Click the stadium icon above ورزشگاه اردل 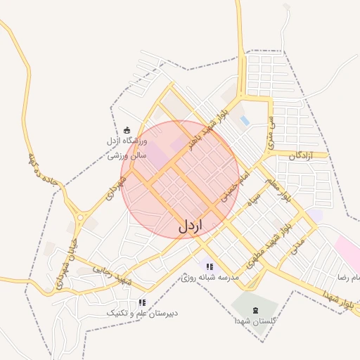tap(127, 129)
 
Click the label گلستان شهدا tap(256, 320)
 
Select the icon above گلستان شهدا tap(255, 309)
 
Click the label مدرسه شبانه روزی tap(210, 278)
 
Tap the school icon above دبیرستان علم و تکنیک tap(142, 302)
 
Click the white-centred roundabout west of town tap(80, 218)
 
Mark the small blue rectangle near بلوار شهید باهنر tap(245, 121)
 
